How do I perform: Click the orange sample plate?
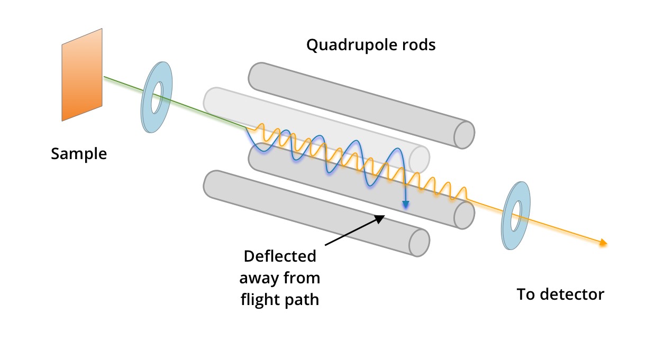point(82,75)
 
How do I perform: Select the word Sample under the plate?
point(79,154)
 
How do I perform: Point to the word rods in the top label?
point(417,45)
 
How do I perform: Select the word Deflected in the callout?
point(279,256)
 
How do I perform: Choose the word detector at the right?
point(574,294)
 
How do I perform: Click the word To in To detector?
point(526,294)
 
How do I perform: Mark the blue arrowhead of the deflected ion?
point(405,205)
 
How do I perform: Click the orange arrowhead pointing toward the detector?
point(602,243)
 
